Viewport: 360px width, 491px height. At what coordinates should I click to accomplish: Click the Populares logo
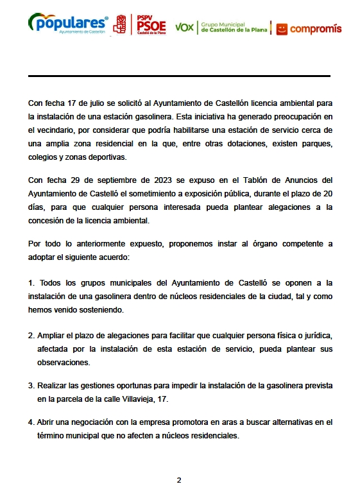[x=68, y=24]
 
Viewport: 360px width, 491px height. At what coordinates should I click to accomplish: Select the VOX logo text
[x=184, y=27]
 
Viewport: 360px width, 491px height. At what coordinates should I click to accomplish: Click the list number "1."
[x=31, y=282]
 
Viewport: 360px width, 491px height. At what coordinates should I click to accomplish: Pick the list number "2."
[x=31, y=336]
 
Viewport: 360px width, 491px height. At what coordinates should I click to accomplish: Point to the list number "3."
[x=31, y=385]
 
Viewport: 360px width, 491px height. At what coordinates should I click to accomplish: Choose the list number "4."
[x=31, y=422]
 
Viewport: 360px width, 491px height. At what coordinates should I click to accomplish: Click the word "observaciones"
[x=64, y=362]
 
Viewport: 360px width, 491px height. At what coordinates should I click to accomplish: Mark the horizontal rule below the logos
[x=179, y=76]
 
